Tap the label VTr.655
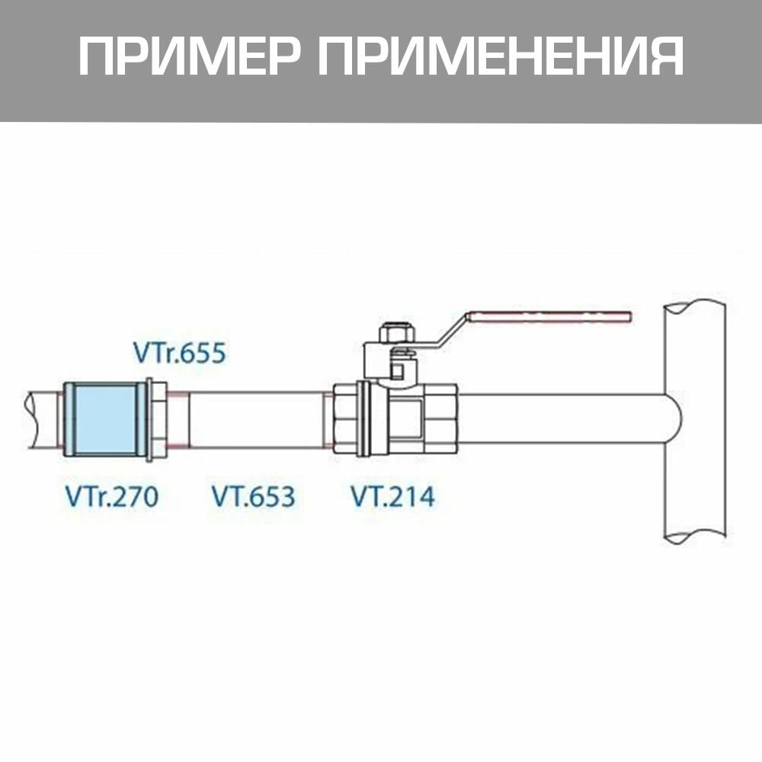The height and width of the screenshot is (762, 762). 180,354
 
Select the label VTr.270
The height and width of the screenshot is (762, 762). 111,497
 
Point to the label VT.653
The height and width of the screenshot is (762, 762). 252,497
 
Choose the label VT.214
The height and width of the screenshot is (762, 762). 392,497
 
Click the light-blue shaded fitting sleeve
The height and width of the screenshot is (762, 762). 105,420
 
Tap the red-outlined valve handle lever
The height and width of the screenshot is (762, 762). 549,317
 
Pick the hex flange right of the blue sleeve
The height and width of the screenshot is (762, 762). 158,420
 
